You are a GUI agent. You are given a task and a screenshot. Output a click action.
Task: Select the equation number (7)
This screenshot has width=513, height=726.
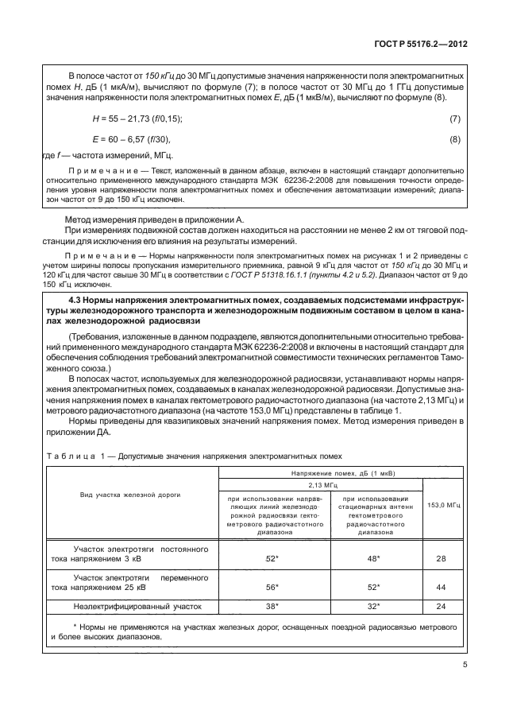[x=455, y=119]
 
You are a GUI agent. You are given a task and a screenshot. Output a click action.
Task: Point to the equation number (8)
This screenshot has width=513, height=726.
[x=455, y=140]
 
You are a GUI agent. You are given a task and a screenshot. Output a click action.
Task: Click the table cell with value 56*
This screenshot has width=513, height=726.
[x=271, y=587]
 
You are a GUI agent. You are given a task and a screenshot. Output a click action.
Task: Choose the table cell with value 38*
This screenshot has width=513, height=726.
[x=271, y=607]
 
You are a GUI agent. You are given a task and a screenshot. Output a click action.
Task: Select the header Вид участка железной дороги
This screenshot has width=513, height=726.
[x=130, y=495]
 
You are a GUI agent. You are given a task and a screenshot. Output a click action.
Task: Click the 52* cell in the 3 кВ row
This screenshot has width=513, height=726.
[x=271, y=559]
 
